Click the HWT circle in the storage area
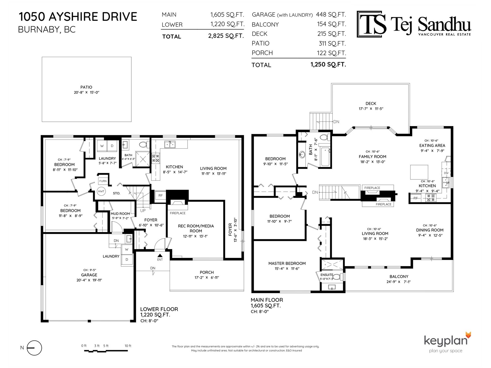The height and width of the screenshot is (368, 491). pos(101,191)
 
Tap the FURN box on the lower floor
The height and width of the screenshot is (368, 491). pos(103,181)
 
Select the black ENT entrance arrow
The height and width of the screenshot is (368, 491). pos(160,255)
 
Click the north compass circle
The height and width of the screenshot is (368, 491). pos(34,348)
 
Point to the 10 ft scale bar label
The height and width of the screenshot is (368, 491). pos(128,346)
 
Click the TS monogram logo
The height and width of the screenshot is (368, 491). pos(371,24)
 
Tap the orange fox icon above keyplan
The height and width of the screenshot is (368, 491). pos(468,335)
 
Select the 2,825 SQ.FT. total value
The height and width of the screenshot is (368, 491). pos(226,36)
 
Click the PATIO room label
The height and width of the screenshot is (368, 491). pos(86,87)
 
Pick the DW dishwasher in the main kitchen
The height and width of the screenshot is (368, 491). pos(446,173)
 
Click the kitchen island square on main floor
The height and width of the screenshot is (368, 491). pos(419,172)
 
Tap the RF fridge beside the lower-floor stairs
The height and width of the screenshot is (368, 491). pos(160,195)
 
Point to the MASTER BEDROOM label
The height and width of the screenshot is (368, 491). pos(287,263)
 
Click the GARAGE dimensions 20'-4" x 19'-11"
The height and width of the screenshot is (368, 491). pos(89,280)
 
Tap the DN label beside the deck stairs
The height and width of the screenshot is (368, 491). pos(336,122)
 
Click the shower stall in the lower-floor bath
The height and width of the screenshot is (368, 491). pos(143,159)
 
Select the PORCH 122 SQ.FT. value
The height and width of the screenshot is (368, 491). pos(331,53)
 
